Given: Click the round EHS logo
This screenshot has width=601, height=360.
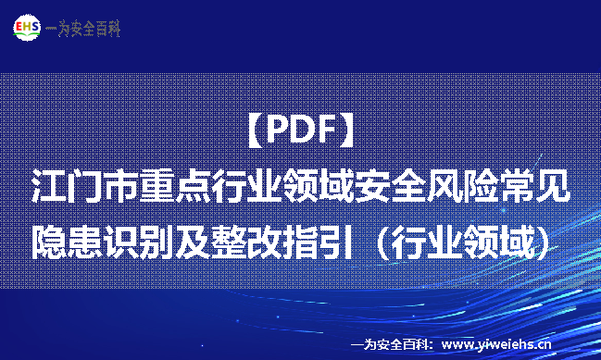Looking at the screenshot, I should [25, 28].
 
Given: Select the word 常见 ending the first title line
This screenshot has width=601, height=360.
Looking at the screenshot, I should [541, 186].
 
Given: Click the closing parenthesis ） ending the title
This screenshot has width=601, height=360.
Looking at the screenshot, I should [550, 240].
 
